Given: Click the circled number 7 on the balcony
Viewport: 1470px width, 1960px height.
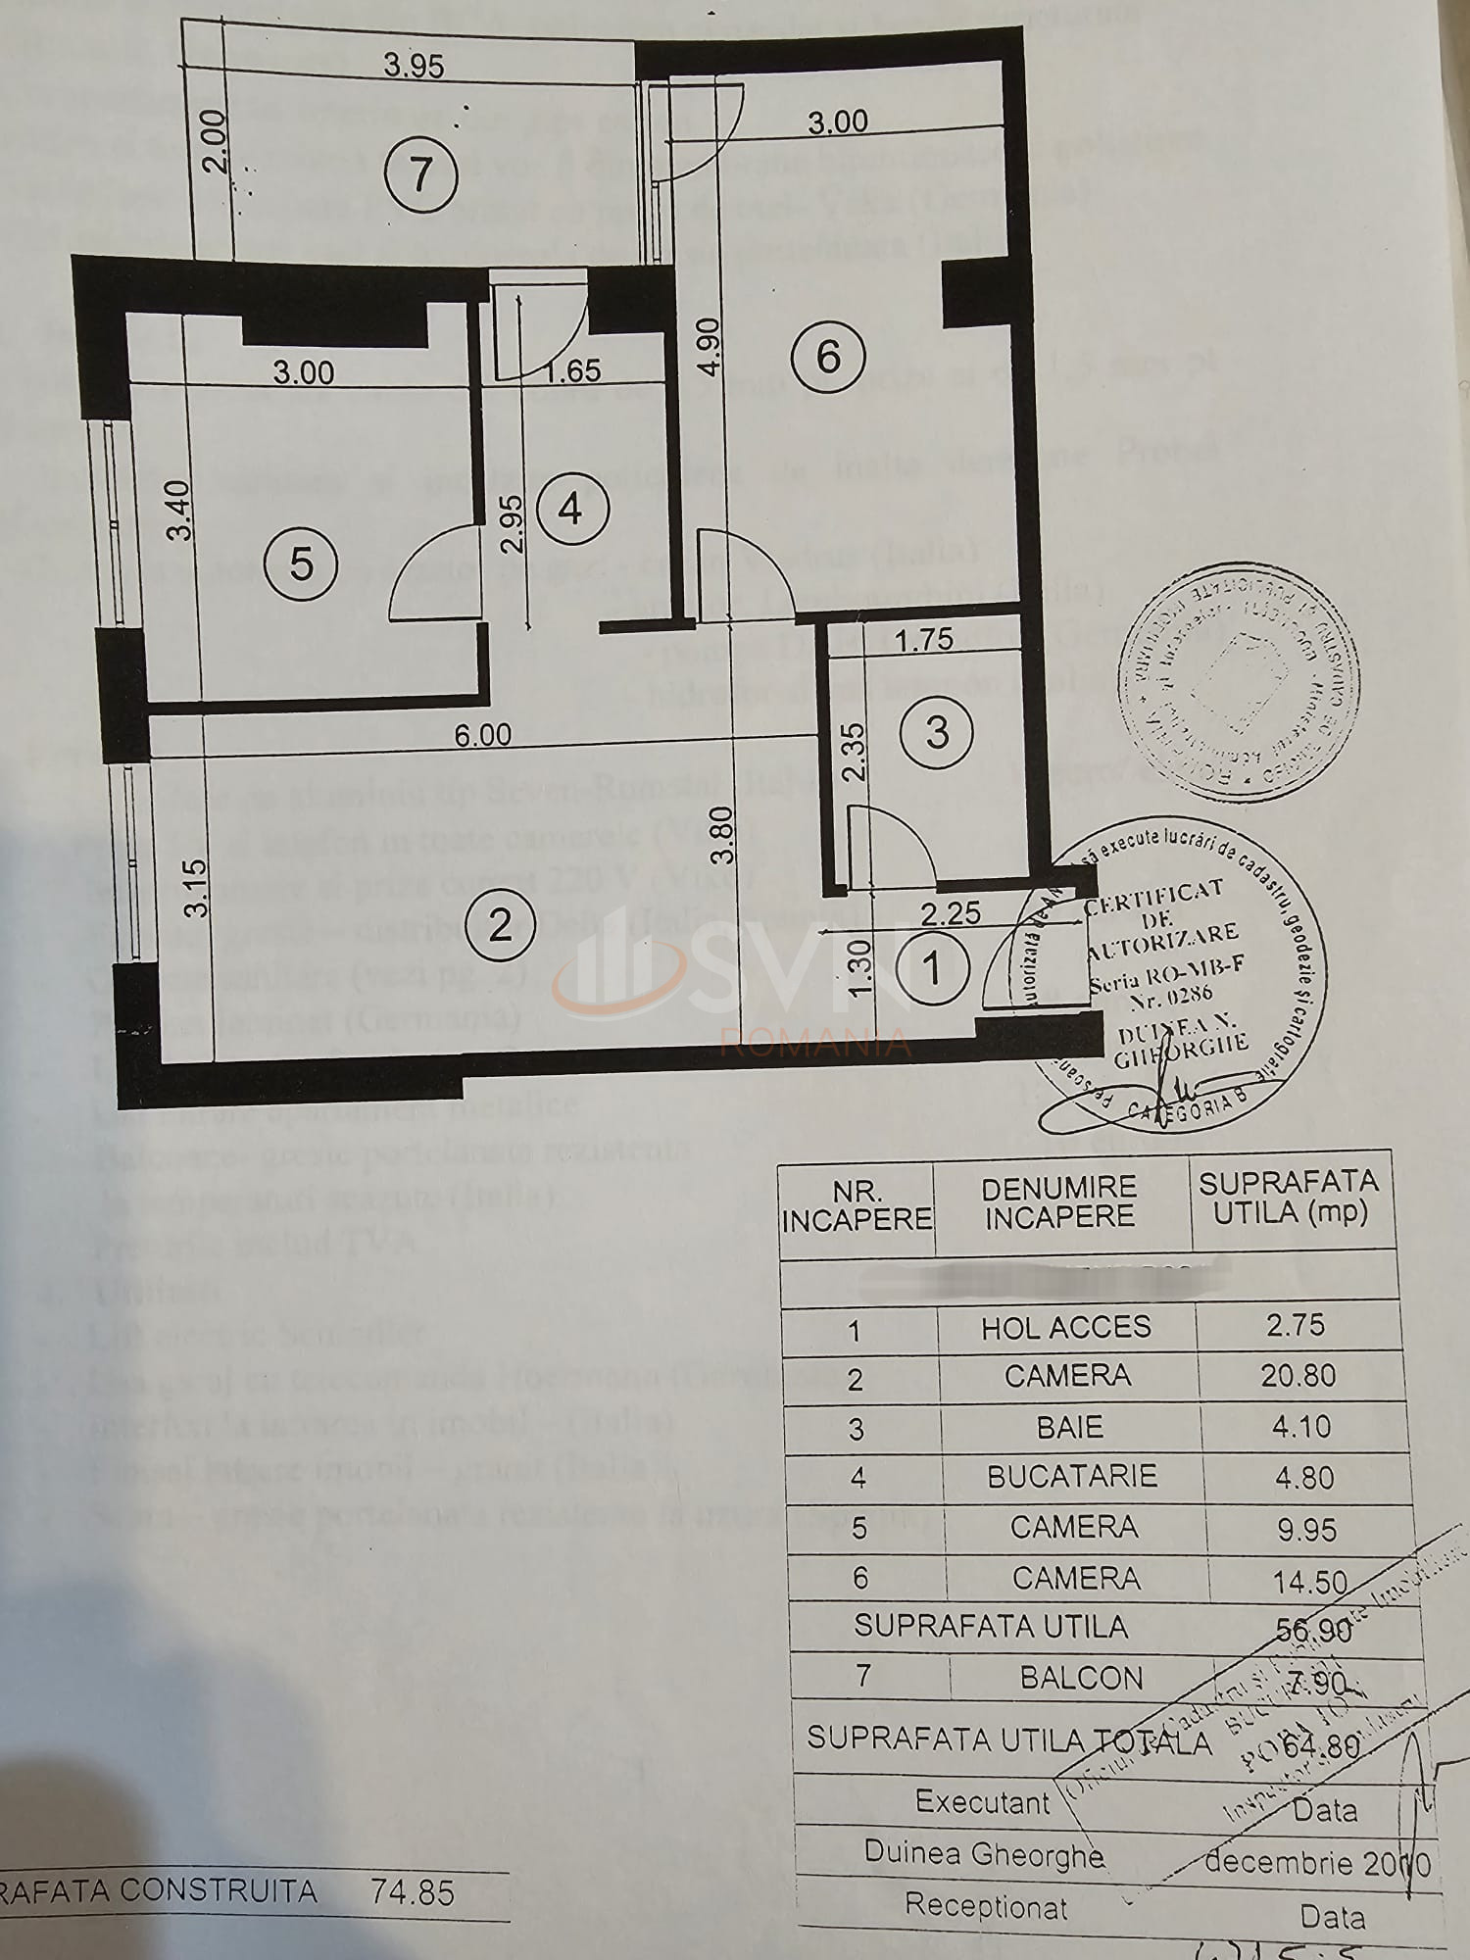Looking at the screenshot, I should pyautogui.click(x=420, y=175).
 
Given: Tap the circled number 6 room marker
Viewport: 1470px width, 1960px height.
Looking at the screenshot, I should pyautogui.click(x=828, y=356).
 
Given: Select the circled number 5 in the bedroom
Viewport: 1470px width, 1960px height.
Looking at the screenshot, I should pyautogui.click(x=301, y=563).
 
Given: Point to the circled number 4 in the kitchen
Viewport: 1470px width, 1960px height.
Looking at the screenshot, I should pyautogui.click(x=570, y=509).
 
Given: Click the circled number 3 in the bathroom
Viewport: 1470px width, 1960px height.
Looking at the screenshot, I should pyautogui.click(x=937, y=732).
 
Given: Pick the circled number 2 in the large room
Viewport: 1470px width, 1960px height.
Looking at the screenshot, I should pyautogui.click(x=500, y=925).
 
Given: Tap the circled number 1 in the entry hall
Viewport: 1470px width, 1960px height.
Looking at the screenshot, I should pyautogui.click(x=932, y=969).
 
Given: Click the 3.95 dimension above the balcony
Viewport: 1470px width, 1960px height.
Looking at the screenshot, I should pyautogui.click(x=414, y=66).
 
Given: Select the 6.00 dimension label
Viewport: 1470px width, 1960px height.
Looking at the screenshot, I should pyautogui.click(x=482, y=735).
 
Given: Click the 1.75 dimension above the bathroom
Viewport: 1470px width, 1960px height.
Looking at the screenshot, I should pyautogui.click(x=924, y=639).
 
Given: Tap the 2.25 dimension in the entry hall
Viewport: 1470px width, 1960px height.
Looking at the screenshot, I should pyautogui.click(x=951, y=913).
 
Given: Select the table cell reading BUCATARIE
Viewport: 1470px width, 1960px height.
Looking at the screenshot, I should pyautogui.click(x=1071, y=1476).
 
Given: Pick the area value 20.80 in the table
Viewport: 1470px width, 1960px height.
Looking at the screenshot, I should pyautogui.click(x=1298, y=1376).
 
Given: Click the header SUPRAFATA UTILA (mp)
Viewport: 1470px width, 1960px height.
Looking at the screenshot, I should pyautogui.click(x=1289, y=1197).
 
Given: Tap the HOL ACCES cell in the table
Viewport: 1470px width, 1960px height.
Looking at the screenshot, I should pyautogui.click(x=1066, y=1327).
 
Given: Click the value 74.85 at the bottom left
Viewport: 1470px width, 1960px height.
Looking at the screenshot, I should pyautogui.click(x=413, y=1891).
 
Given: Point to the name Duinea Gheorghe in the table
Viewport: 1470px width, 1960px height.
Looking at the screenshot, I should pyautogui.click(x=984, y=1852).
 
